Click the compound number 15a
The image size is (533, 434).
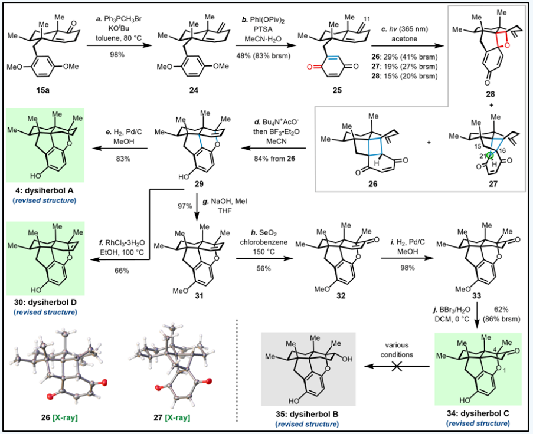click(43, 90)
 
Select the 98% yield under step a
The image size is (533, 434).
click(117, 54)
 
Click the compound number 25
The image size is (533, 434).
click(337, 90)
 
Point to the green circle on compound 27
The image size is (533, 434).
click(490, 156)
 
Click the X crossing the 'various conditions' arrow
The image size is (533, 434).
click(396, 366)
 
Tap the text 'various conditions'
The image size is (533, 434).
click(397, 350)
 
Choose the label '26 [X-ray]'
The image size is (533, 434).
click(60, 417)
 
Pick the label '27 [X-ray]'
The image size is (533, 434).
click(172, 417)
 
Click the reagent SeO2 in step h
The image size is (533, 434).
click(268, 234)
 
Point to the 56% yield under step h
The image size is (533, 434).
click(264, 268)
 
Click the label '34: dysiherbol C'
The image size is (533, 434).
click(478, 413)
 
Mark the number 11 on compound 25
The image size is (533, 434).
click(367, 19)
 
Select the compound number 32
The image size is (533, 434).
click(341, 296)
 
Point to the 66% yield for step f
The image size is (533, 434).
click(122, 270)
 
